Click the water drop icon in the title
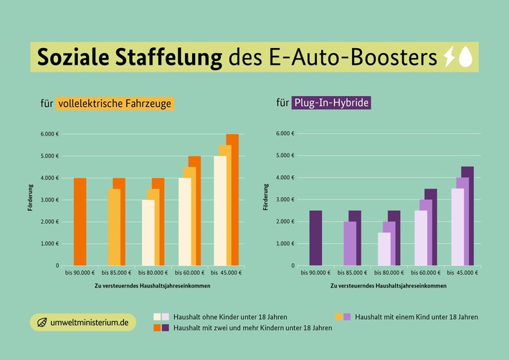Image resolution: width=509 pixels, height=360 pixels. coord(466,57)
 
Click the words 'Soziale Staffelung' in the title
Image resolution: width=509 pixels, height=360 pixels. coord(129,57)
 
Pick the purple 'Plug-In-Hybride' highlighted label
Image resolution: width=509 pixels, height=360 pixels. coord(331,103)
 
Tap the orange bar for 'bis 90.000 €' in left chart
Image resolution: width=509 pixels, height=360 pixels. coord(80,222)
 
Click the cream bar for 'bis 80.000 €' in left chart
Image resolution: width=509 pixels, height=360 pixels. coord(148,233)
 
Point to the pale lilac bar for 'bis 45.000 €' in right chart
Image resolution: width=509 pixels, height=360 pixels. coord(457,227)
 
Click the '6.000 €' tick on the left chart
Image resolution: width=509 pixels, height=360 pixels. coord(49,134)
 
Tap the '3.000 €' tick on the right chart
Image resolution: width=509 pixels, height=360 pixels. coord(284,200)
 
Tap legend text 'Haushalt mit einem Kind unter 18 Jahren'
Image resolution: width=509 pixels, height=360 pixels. coord(416,316)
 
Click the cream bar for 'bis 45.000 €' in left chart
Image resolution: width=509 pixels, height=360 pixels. coord(219,212)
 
